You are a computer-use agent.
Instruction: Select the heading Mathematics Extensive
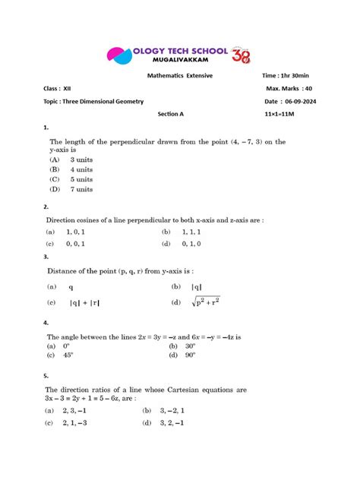point(180,76)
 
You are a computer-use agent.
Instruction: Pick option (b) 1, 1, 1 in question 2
point(194,232)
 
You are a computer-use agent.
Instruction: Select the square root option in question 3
point(206,302)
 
